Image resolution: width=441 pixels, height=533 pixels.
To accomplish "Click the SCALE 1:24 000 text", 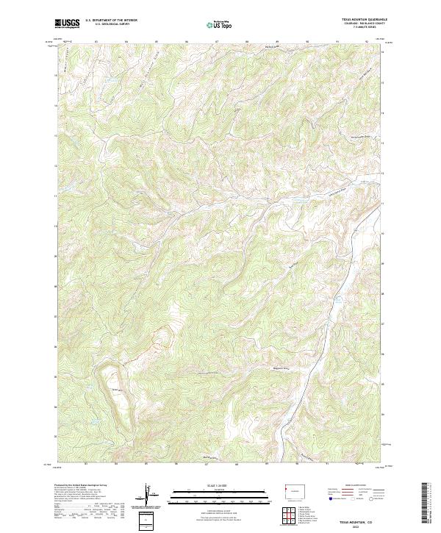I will click(x=220, y=487).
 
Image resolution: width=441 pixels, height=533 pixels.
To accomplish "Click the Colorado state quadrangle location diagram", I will click(x=292, y=491).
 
